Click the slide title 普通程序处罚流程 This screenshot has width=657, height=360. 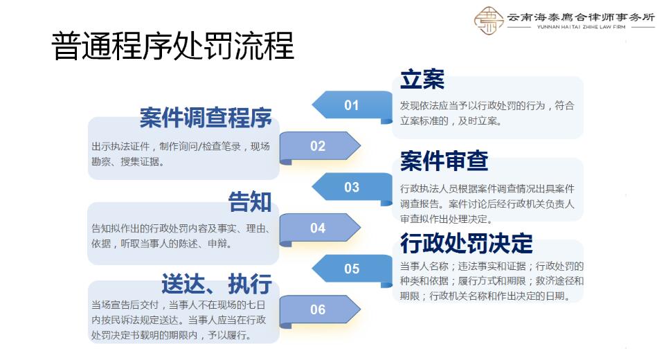(173, 46)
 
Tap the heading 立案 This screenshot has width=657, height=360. (422, 80)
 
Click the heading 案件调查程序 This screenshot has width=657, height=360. (206, 118)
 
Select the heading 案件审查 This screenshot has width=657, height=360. (444, 161)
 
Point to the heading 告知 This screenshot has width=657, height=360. (250, 201)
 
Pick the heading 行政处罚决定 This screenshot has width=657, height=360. (467, 243)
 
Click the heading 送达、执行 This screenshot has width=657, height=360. (216, 283)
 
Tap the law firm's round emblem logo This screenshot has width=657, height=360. (488, 21)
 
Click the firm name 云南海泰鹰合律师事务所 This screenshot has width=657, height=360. (580, 17)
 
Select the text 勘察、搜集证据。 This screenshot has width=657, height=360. (128, 162)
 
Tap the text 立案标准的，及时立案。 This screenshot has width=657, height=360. (451, 120)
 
